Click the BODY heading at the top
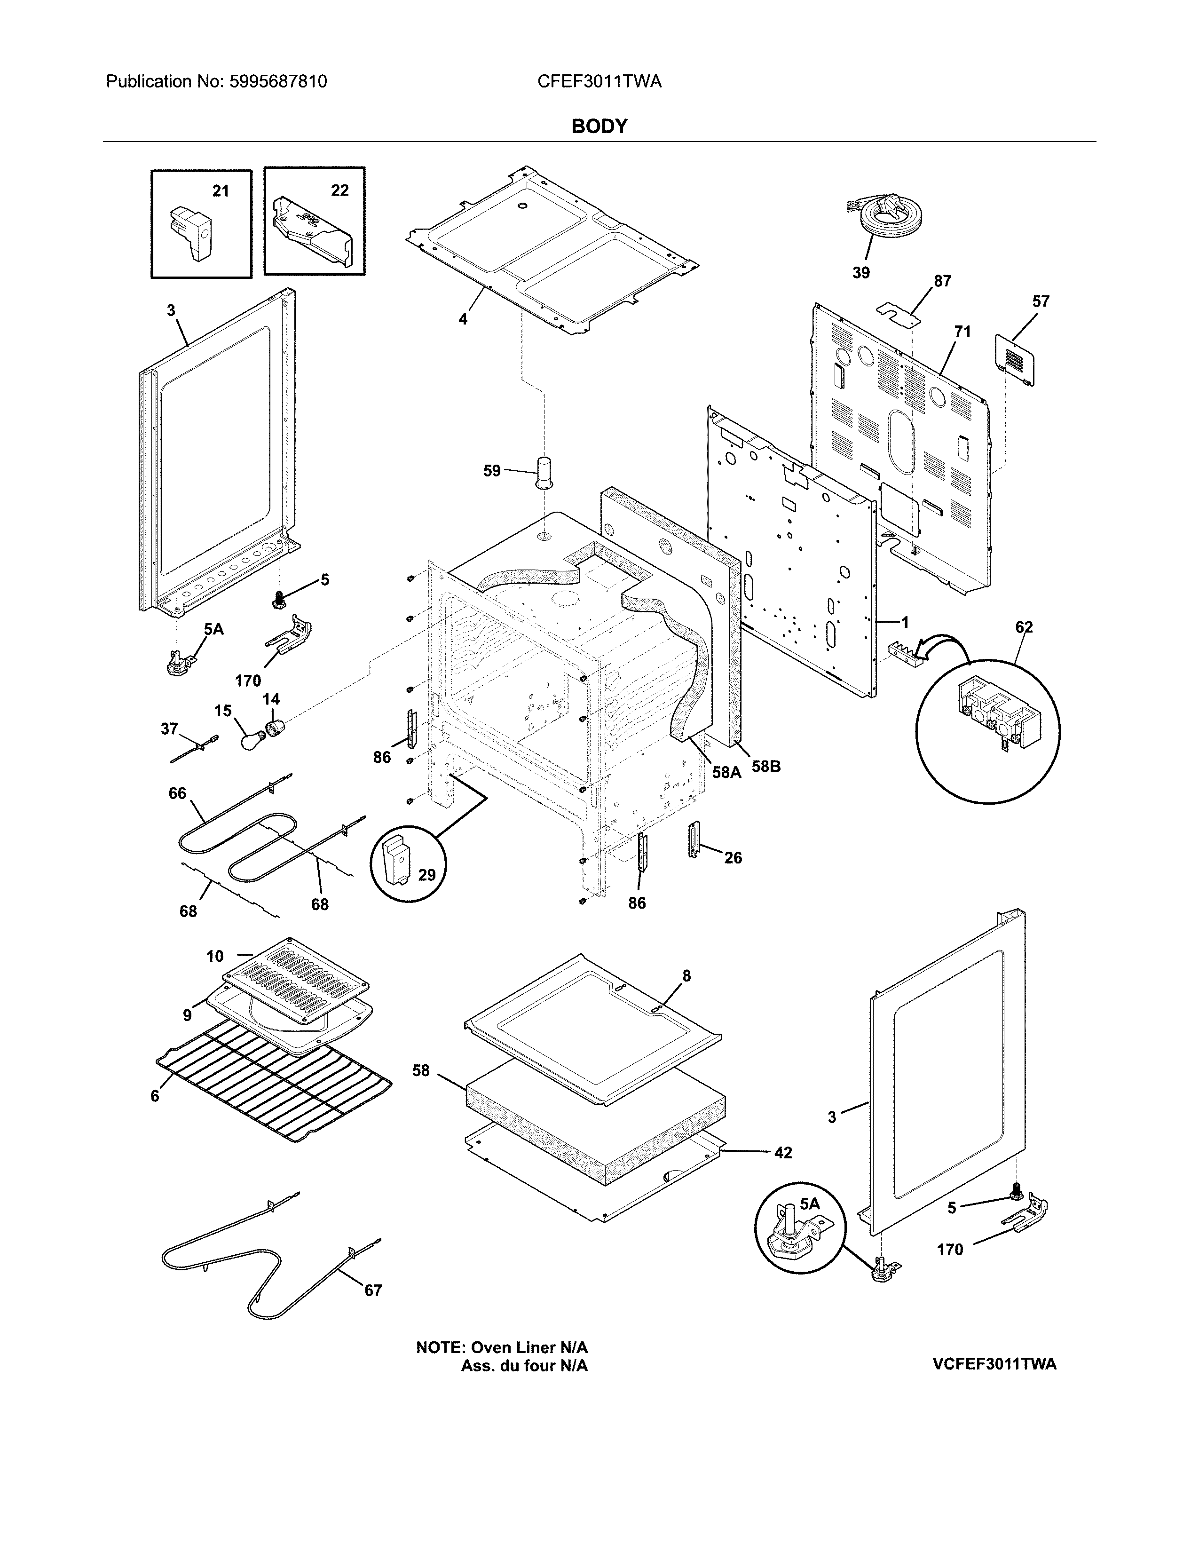599,127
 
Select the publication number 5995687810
278,82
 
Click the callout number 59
491,470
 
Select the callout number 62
1024,627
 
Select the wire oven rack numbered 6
274,1085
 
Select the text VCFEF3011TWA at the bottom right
994,1364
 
